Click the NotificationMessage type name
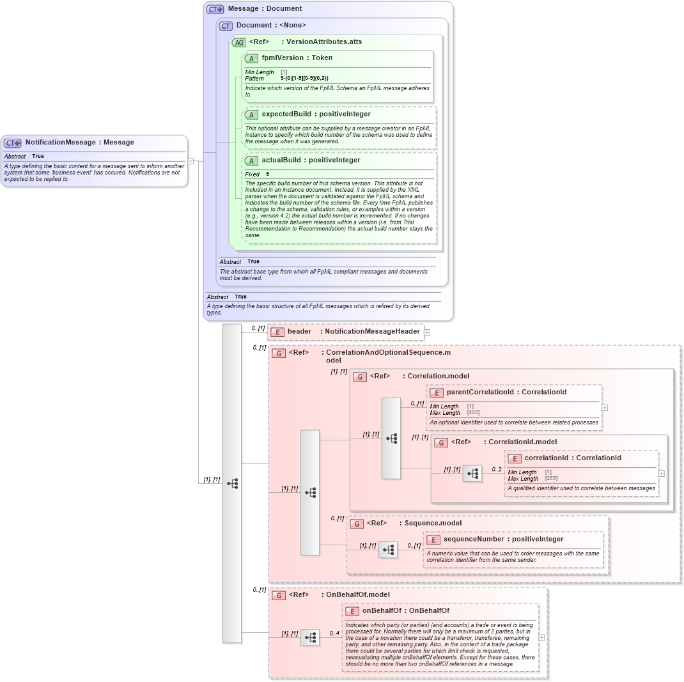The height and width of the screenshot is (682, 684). [61, 143]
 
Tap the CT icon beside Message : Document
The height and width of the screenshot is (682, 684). [215, 9]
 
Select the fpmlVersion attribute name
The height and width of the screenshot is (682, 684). [282, 58]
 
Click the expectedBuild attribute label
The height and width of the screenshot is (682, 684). [286, 114]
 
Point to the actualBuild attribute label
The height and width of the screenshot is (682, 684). [284, 160]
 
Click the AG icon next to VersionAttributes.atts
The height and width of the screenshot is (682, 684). [238, 42]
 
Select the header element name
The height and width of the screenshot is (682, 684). [299, 331]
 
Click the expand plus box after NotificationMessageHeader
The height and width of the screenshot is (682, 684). [427, 332]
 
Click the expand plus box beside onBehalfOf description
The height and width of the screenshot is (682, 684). [541, 637]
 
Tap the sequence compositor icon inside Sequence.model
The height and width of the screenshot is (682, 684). [387, 550]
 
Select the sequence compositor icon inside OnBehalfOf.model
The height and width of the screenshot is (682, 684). [310, 637]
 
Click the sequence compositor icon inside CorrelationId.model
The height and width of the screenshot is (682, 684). [473, 474]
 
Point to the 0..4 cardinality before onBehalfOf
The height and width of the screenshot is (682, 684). [334, 633]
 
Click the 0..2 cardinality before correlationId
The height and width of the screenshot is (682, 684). [497, 469]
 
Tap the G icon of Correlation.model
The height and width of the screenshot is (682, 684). [361, 376]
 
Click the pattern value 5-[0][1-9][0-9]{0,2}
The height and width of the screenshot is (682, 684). [304, 78]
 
